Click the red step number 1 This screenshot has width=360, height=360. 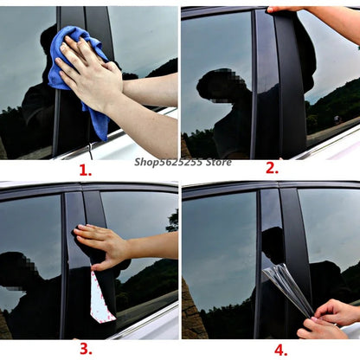tap(86, 170)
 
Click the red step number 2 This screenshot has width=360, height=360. tap(272, 168)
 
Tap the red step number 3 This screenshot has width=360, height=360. tap(86, 349)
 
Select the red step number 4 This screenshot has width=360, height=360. tap(280, 350)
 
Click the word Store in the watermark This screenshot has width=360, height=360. tap(219, 162)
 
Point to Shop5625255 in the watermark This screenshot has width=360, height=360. tap(168, 163)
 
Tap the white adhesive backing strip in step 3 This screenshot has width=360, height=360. tap(100, 297)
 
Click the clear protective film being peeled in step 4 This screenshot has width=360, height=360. tap(288, 288)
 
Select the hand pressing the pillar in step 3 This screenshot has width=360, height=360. tap(101, 245)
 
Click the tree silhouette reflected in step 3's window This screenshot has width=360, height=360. tap(173, 222)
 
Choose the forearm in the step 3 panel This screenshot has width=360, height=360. tap(153, 245)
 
